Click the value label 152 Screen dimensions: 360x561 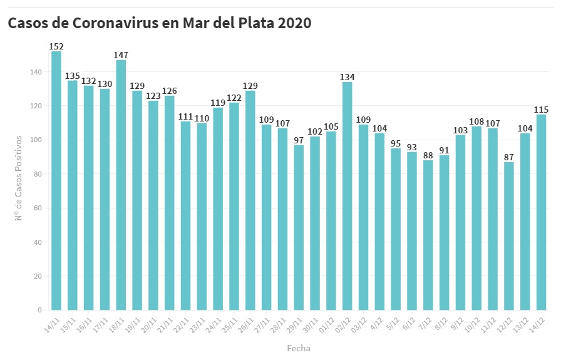56,46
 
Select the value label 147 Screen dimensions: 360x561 121,55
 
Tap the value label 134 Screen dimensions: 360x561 347,77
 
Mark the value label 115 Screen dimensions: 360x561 542,110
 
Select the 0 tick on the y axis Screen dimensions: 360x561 39,310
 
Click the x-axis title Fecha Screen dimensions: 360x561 299,348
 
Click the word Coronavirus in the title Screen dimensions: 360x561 125,23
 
